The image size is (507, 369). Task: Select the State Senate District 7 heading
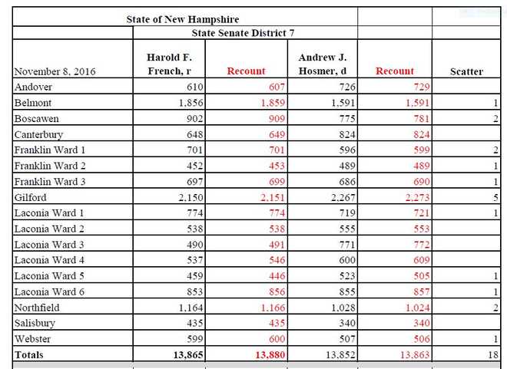coord(244,33)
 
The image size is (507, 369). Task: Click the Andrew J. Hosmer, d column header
coord(322,64)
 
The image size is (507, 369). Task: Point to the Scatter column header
coord(466,71)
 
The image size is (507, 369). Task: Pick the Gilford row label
coord(30,198)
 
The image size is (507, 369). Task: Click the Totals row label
coord(29,355)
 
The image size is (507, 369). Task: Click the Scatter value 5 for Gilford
coord(496,198)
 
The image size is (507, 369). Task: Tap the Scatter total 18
coord(493,355)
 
